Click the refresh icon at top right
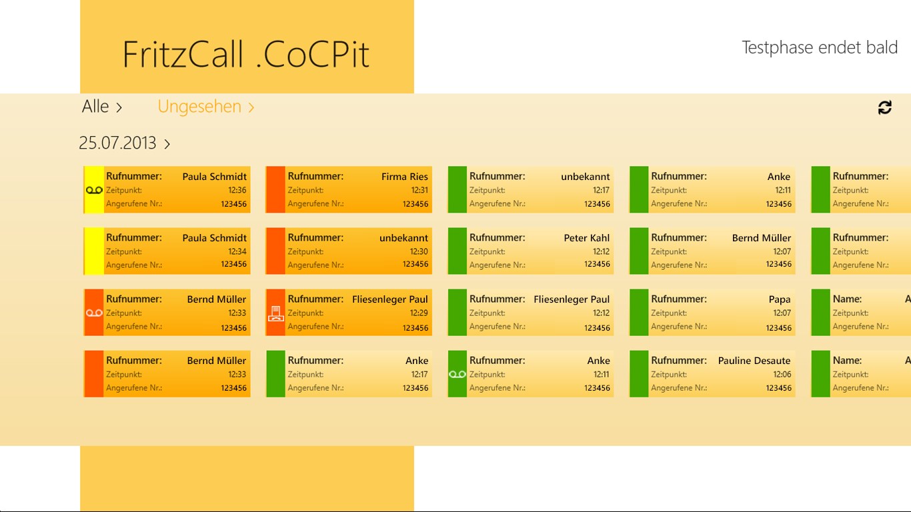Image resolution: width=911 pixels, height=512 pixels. tap(884, 107)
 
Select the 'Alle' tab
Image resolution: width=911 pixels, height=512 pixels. tap(101, 107)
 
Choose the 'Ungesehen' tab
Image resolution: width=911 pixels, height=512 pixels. tap(205, 107)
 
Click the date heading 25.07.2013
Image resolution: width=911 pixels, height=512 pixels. tap(124, 143)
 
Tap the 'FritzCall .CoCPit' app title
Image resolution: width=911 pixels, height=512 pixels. tap(246, 55)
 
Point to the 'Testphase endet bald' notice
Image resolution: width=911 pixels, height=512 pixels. tap(819, 47)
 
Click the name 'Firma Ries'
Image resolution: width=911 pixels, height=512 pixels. tap(404, 177)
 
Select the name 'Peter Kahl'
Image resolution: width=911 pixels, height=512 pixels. tap(586, 238)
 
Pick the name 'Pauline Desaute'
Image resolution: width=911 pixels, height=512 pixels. tap(754, 361)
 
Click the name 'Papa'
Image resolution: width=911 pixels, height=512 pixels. tap(779, 299)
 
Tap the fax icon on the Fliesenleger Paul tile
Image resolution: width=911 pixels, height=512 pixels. tap(275, 313)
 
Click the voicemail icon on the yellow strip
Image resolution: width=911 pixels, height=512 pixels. tap(94, 190)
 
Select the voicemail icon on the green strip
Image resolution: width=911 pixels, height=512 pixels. tap(457, 374)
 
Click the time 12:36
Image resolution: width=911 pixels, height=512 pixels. tap(237, 190)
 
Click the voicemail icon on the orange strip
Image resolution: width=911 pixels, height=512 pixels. tap(94, 313)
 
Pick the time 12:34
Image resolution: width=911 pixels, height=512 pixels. tap(237, 251)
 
